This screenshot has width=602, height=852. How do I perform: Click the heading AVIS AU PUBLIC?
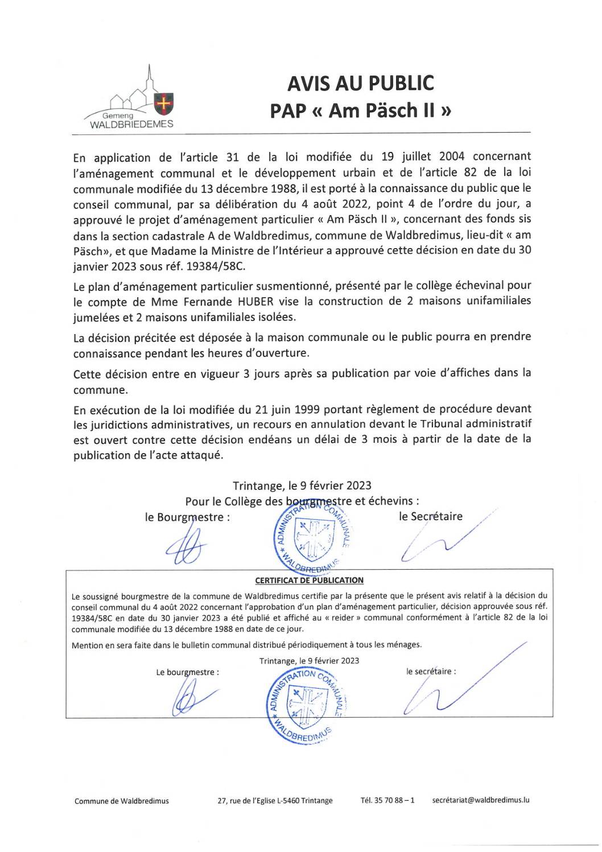tap(360, 83)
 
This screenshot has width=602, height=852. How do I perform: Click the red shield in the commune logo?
tap(164, 103)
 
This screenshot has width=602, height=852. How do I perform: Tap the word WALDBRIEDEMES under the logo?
tap(131, 124)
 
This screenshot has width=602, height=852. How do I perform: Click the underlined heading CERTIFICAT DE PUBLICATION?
tap(309, 581)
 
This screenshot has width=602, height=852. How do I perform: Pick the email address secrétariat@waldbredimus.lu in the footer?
tap(481, 800)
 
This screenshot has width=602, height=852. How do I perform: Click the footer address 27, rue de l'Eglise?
tap(275, 801)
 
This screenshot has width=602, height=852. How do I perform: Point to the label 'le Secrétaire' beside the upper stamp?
tap(431, 516)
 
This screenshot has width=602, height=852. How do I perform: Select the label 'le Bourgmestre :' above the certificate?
tap(187, 517)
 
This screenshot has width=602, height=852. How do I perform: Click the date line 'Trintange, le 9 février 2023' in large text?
tap(302, 485)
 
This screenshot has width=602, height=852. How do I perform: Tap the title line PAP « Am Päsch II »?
tap(361, 110)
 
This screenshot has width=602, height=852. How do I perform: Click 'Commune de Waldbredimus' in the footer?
tap(121, 801)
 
